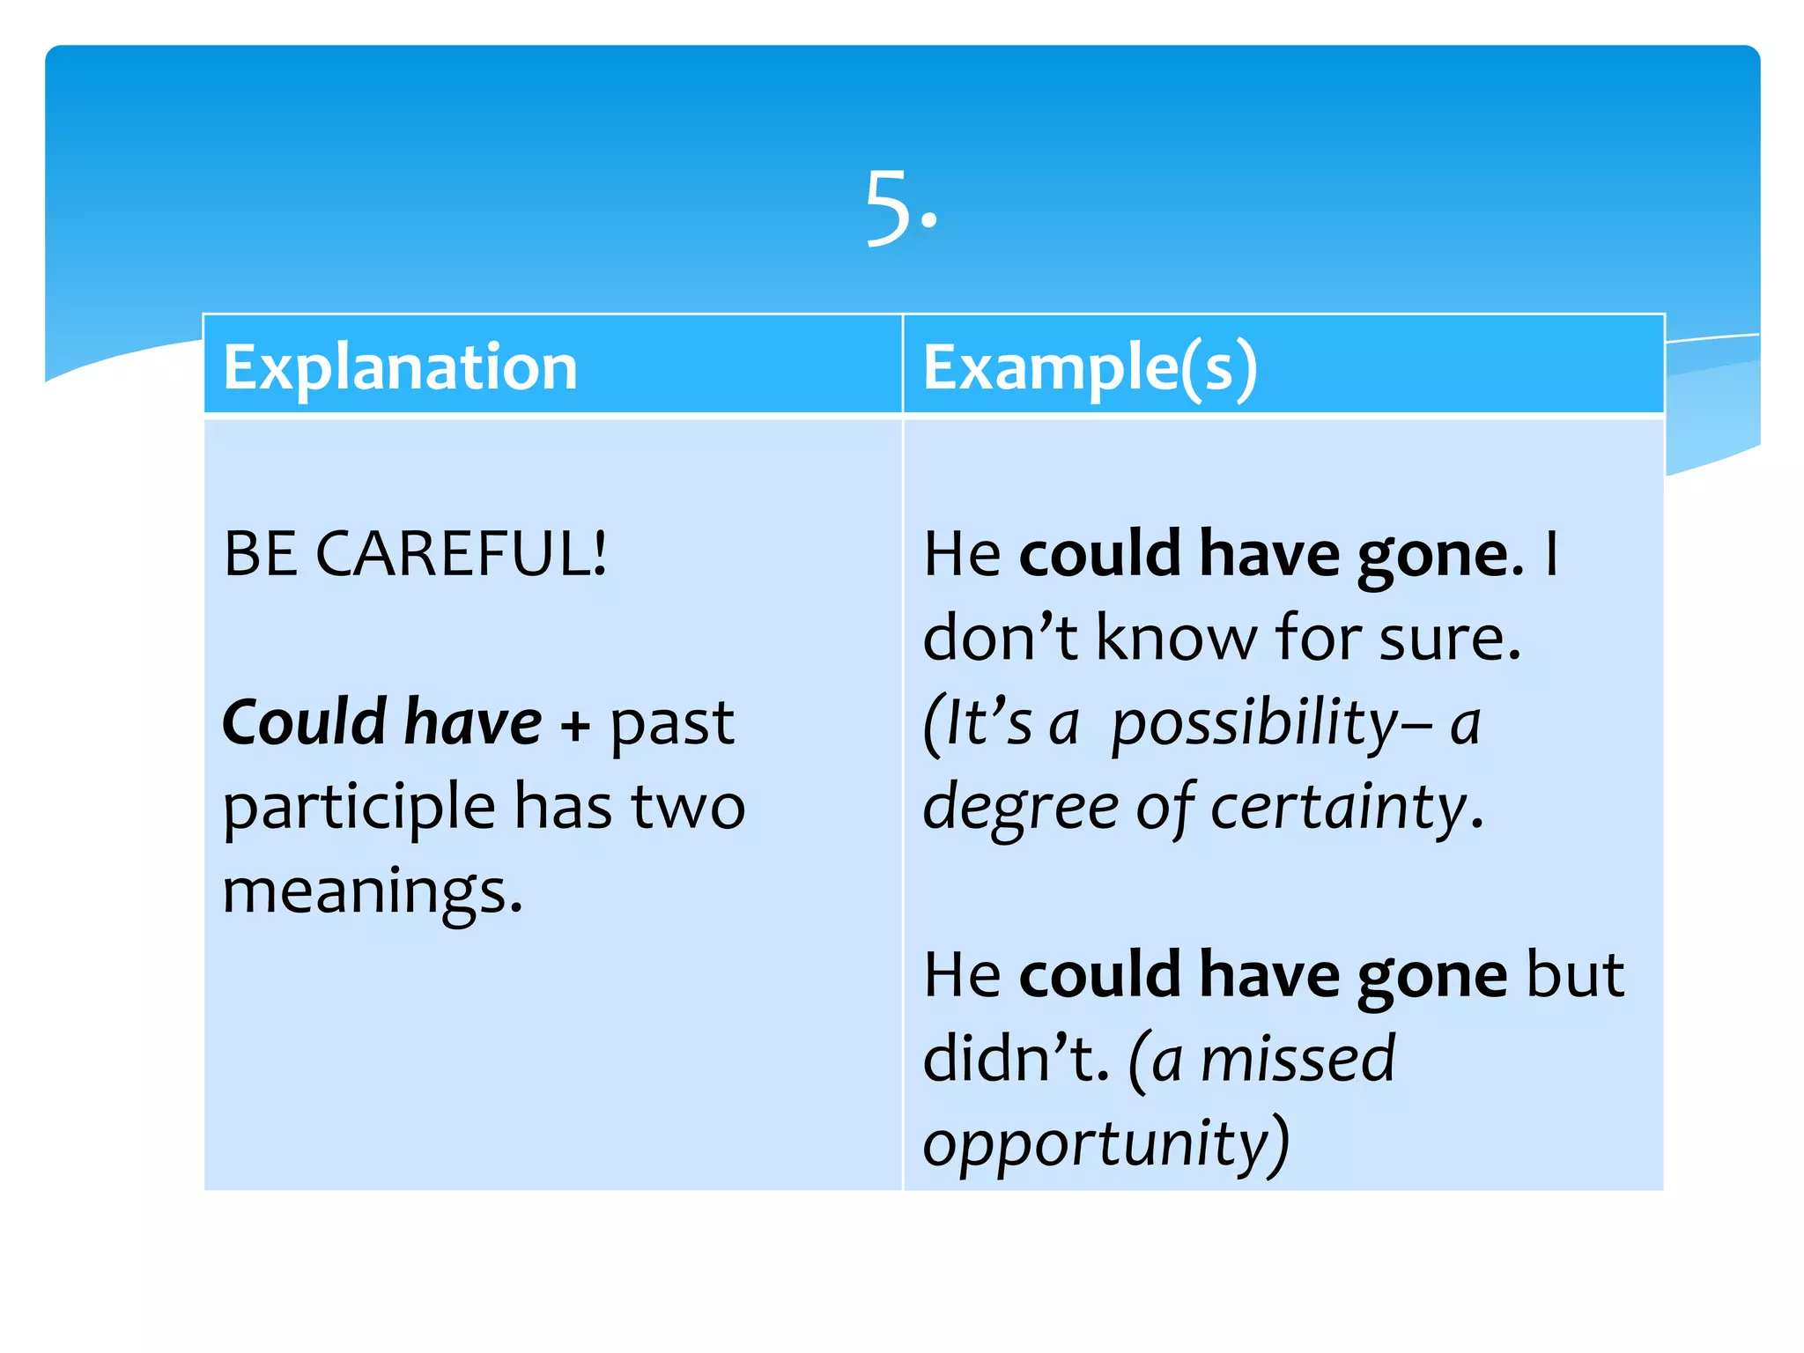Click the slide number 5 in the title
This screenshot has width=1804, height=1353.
point(889,208)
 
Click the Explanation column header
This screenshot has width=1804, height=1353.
point(400,366)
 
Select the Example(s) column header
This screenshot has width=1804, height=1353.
point(1090,366)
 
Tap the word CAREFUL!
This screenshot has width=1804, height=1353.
point(461,553)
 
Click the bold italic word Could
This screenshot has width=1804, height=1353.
point(305,722)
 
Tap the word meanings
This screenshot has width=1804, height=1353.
point(372,891)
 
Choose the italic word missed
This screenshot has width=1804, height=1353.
point(1298,1059)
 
